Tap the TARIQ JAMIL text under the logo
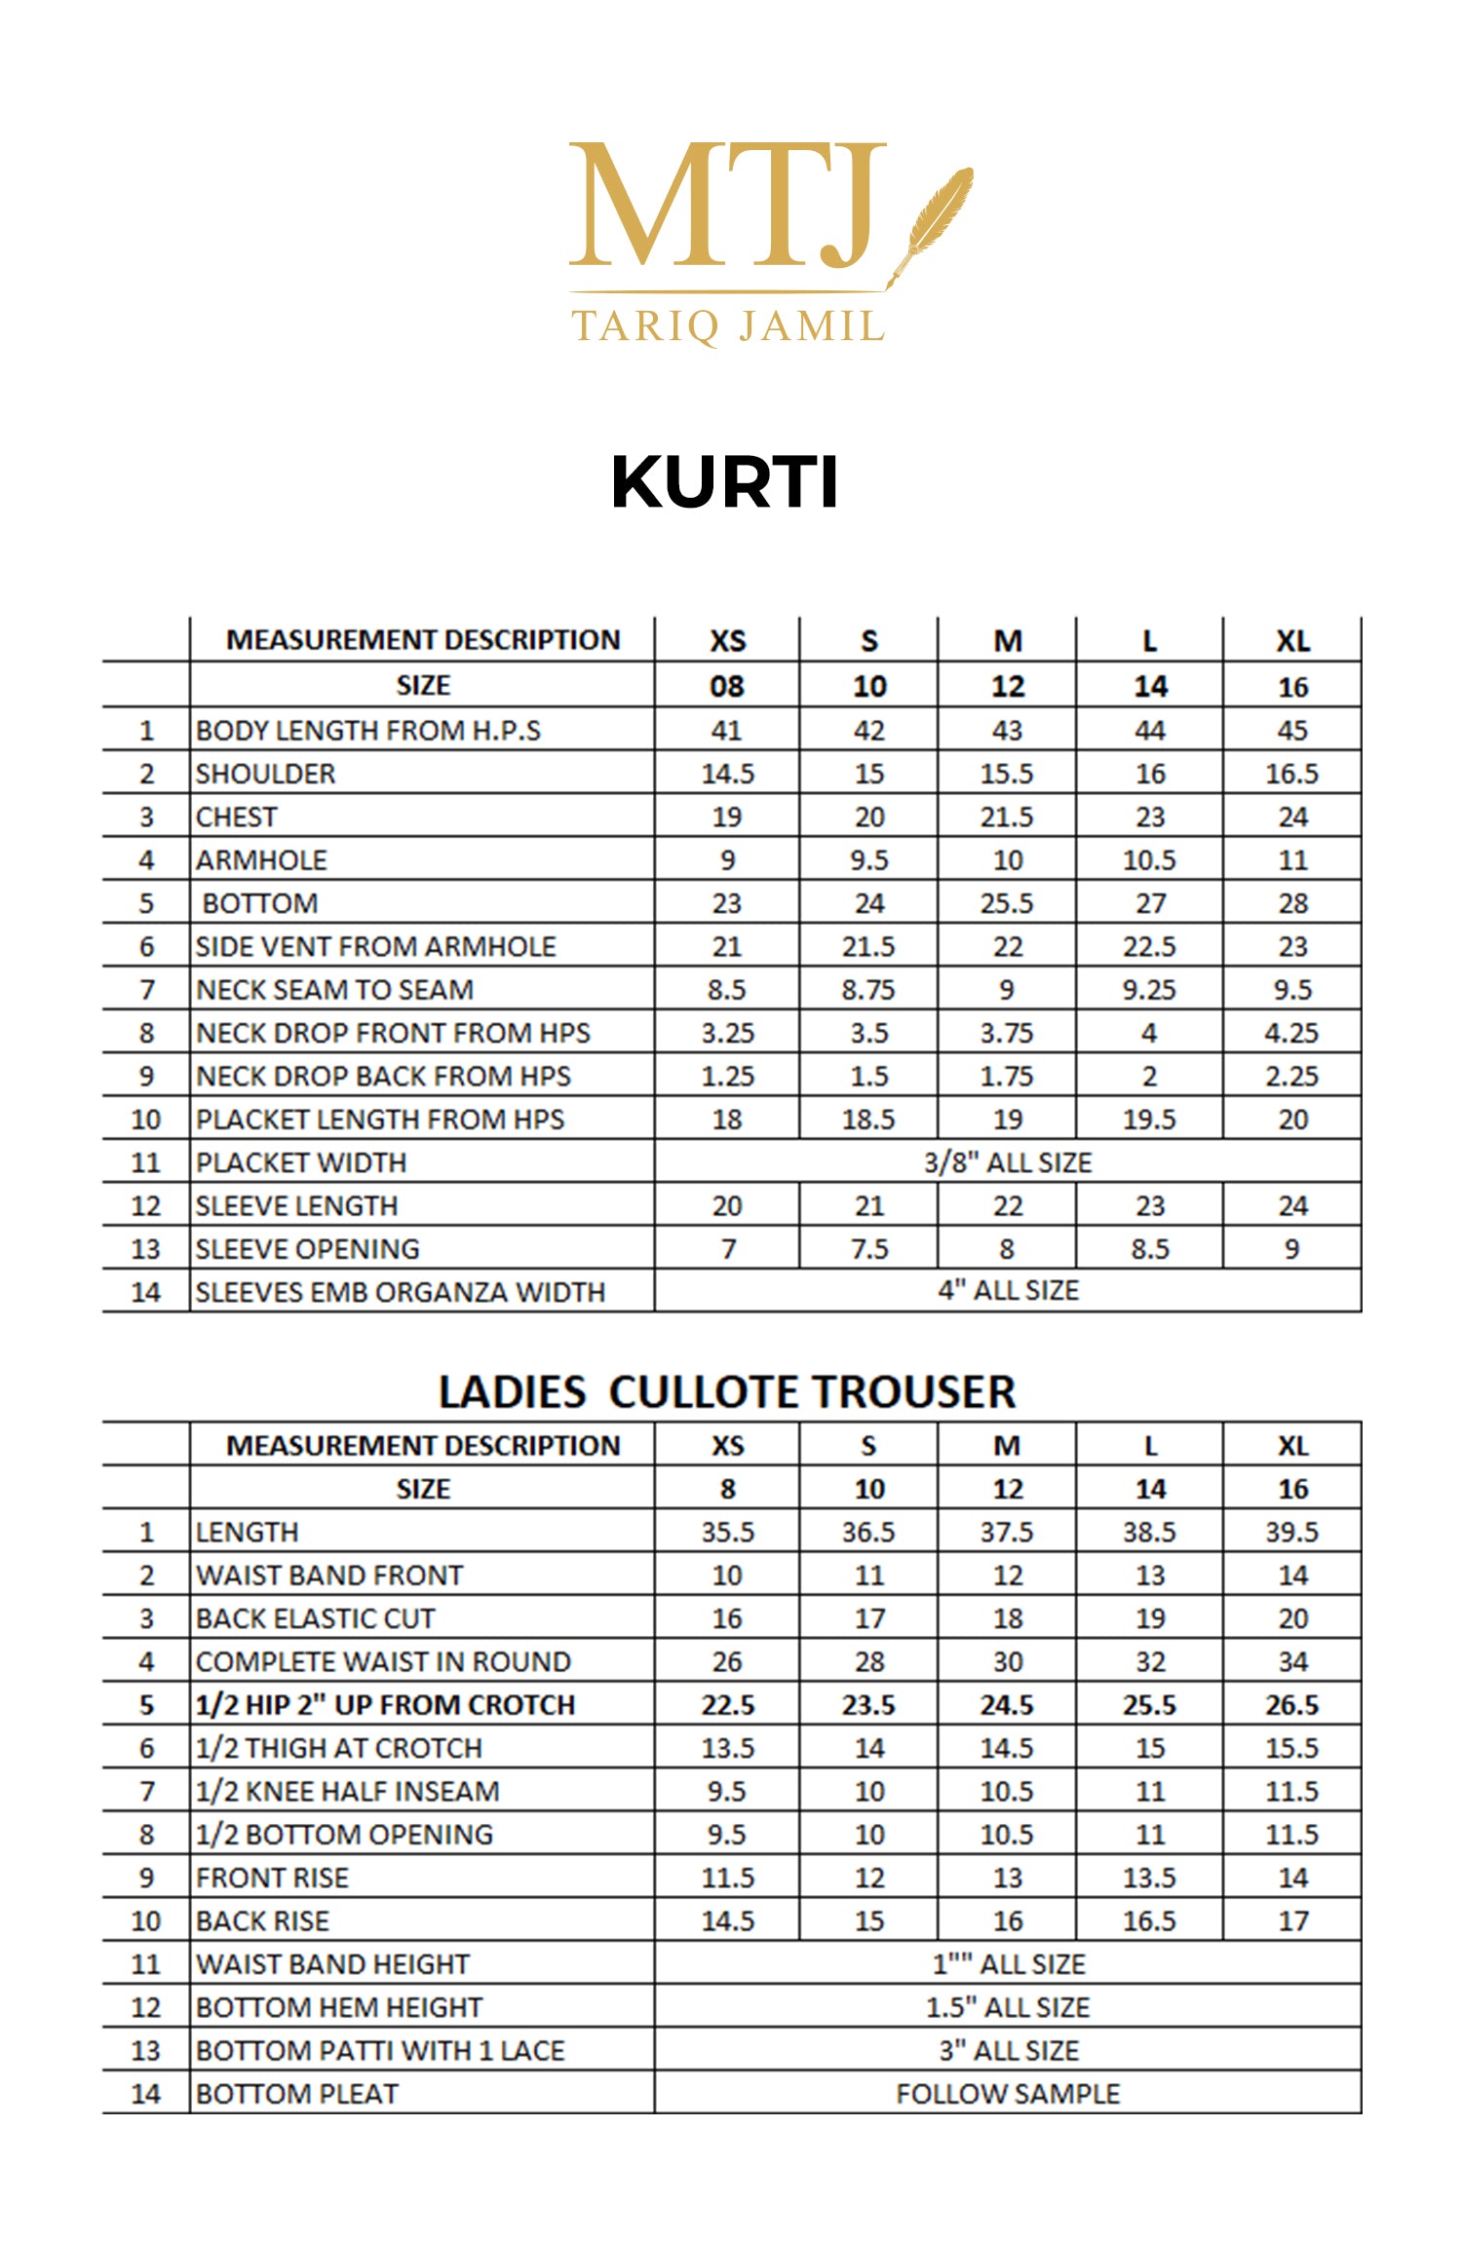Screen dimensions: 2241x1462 [727, 326]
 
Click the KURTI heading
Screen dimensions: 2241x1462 [724, 482]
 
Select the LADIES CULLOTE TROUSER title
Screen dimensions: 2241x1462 [727, 1391]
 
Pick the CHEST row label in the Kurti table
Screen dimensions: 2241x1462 [237, 817]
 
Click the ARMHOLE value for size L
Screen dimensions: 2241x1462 [1149, 860]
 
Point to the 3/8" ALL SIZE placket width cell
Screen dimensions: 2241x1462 [1008, 1162]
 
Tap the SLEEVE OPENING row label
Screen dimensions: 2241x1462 [308, 1249]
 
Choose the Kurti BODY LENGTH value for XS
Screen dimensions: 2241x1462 [727, 731]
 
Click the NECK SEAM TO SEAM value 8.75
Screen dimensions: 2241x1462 [868, 990]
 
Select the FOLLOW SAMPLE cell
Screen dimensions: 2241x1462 [1008, 2094]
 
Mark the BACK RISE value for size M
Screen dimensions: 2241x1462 [1007, 1921]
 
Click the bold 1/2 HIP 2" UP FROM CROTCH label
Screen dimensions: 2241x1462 [386, 1705]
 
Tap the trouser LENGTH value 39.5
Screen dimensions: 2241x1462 [1291, 1533]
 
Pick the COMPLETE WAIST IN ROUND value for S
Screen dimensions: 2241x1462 [868, 1662]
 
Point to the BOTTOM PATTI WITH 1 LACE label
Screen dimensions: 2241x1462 [380, 2051]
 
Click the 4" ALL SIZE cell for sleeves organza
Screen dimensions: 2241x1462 [1008, 1291]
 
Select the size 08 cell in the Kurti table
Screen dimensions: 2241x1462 [727, 687]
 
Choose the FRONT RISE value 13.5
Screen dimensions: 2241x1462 [1149, 1878]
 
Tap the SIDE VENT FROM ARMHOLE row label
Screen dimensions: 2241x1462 [376, 947]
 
